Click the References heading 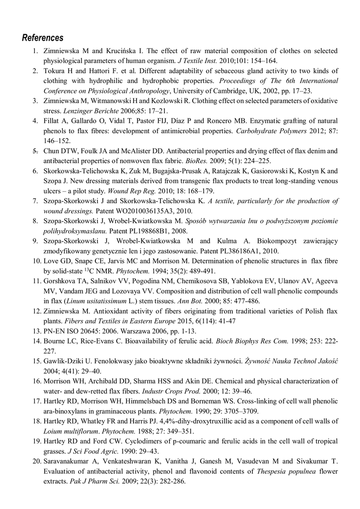43,38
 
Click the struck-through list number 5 35,151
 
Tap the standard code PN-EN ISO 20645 75,331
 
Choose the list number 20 35,461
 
